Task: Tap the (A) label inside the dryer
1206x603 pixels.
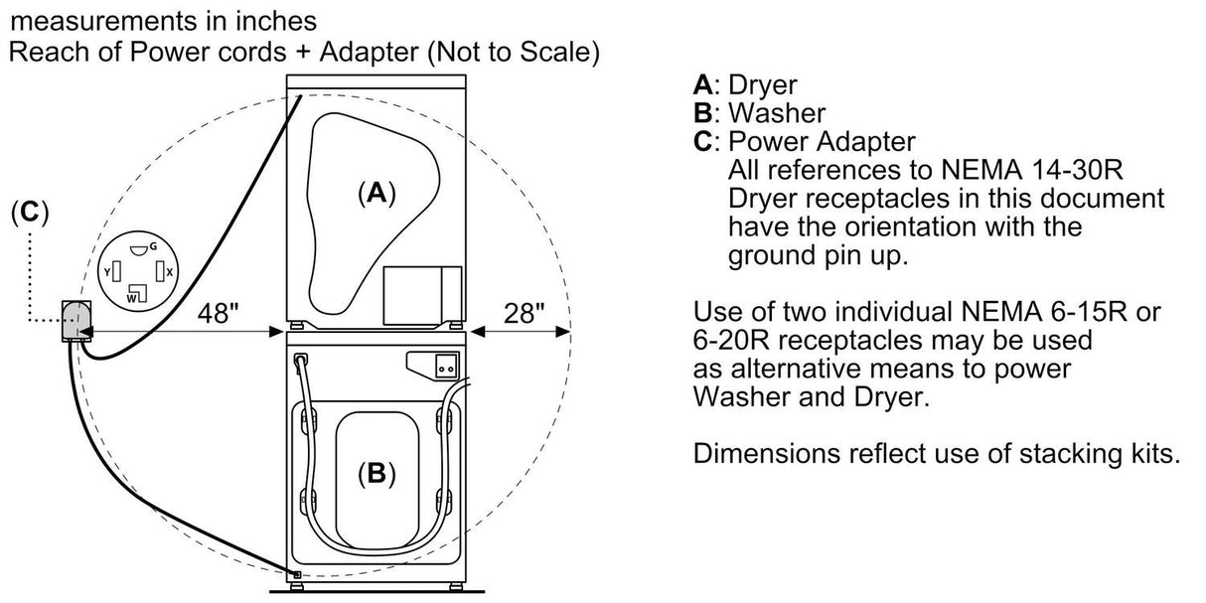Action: (376, 194)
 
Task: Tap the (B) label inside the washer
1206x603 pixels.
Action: (376, 475)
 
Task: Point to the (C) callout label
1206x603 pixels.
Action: (29, 213)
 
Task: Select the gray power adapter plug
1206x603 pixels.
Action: (75, 320)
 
